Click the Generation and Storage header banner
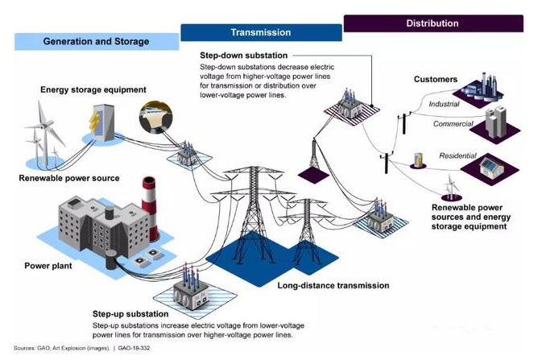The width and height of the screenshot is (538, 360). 95,41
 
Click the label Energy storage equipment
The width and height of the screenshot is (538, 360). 93,89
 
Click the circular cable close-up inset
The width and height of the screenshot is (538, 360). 155,117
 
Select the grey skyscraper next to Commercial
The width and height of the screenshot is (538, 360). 496,121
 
